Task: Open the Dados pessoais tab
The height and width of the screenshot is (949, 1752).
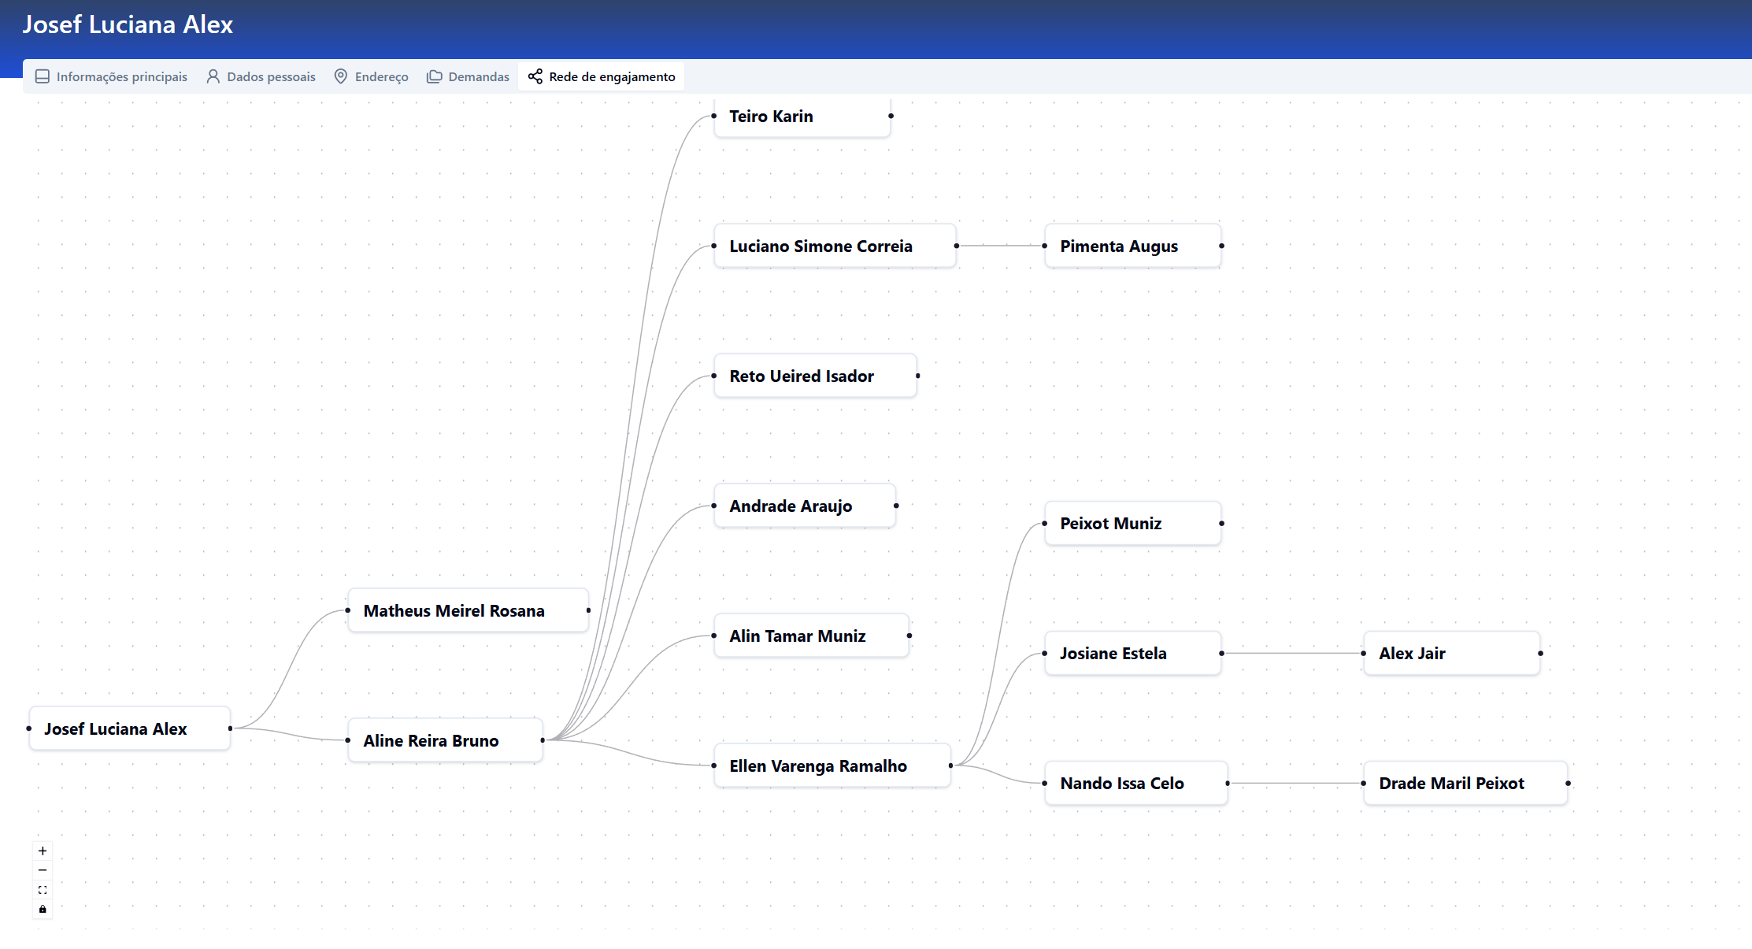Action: click(x=261, y=76)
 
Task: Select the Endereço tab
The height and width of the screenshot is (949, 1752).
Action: click(x=371, y=76)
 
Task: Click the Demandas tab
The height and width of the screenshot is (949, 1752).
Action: click(x=469, y=76)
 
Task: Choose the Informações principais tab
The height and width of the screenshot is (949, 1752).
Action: click(x=112, y=76)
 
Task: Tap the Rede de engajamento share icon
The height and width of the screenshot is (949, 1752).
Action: click(x=535, y=76)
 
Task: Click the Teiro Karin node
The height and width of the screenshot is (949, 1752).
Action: click(x=802, y=117)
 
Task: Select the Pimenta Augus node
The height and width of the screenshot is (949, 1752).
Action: click(x=1133, y=247)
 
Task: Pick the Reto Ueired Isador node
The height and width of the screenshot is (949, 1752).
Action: click(x=816, y=376)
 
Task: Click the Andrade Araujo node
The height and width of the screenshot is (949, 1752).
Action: click(x=805, y=506)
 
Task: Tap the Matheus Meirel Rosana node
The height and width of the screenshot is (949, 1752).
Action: click(x=469, y=611)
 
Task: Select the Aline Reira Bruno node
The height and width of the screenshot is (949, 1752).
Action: click(x=446, y=741)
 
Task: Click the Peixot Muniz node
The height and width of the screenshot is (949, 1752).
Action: click(x=1133, y=524)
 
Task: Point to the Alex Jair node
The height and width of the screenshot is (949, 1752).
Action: click(x=1452, y=654)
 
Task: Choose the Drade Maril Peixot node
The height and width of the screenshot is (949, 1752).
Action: click(x=1466, y=784)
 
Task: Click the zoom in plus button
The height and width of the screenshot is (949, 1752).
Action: click(x=43, y=851)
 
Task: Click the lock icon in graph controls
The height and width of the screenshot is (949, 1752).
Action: click(x=43, y=910)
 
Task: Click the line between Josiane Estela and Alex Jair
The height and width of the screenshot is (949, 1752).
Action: click(x=1292, y=654)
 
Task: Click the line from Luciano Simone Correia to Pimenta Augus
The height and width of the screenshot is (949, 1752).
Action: click(x=1001, y=247)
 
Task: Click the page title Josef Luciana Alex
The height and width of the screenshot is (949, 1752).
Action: click(x=128, y=24)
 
